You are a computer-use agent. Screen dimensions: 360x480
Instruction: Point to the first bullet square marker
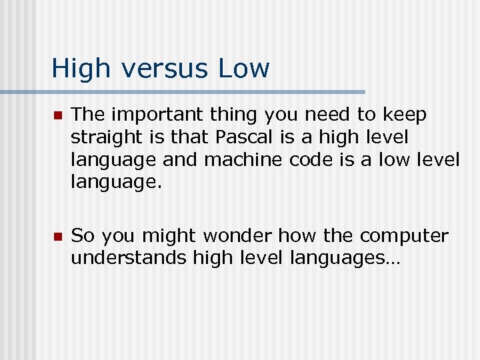point(57,116)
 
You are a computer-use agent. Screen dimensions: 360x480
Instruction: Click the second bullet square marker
point(57,237)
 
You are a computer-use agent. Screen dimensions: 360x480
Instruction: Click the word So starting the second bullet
point(83,236)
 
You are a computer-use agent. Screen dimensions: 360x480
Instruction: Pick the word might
point(169,236)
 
